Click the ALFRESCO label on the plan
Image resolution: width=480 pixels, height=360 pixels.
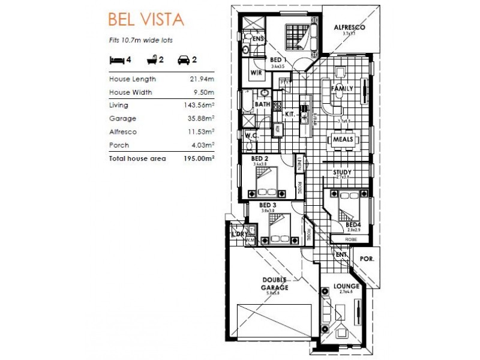(x=349, y=28)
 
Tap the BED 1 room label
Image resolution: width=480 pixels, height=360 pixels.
(x=277, y=59)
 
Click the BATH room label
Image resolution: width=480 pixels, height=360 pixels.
(x=262, y=104)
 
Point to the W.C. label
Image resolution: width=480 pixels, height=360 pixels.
(x=251, y=136)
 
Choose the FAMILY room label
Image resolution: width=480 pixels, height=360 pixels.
(x=342, y=89)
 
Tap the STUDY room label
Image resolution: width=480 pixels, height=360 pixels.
(x=343, y=172)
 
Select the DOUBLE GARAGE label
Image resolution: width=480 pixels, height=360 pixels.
(x=275, y=284)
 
